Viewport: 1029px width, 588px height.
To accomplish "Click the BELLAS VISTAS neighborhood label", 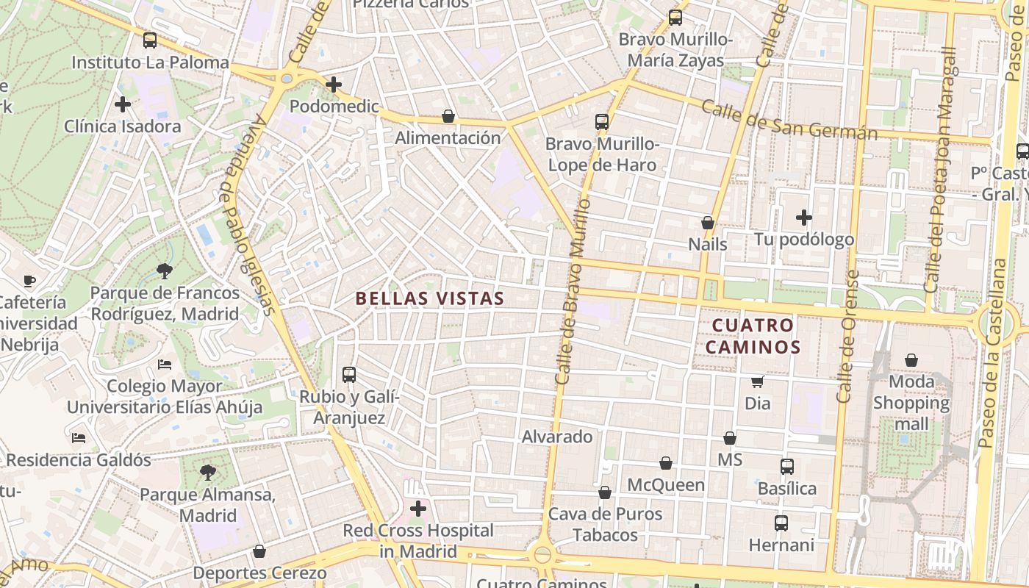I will coord(430,298).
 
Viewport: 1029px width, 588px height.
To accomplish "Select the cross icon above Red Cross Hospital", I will coord(418,509).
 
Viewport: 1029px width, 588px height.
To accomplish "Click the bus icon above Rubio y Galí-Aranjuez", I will coord(349,375).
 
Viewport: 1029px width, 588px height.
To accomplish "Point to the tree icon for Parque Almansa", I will coord(208,472).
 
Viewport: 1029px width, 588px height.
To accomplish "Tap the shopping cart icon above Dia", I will coord(757,381).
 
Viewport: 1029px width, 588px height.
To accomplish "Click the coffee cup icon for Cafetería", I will coord(29,281).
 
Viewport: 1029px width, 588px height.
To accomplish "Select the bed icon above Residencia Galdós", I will coord(79,438).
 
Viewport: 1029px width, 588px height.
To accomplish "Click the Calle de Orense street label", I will coord(848,337).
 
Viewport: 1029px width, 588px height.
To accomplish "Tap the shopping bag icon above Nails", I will coord(708,223).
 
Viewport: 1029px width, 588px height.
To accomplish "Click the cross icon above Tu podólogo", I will coord(804,218).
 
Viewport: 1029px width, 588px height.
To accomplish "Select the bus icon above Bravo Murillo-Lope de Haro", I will coord(602,122).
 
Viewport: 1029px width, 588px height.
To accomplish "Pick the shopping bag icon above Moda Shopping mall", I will coord(911,360).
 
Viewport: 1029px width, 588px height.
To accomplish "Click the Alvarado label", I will coord(557,437).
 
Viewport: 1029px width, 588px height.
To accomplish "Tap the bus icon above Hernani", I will coord(781,523).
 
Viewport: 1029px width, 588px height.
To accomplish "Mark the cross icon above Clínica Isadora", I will coord(123,104).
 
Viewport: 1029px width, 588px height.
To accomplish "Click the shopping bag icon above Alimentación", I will coord(448,116).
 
